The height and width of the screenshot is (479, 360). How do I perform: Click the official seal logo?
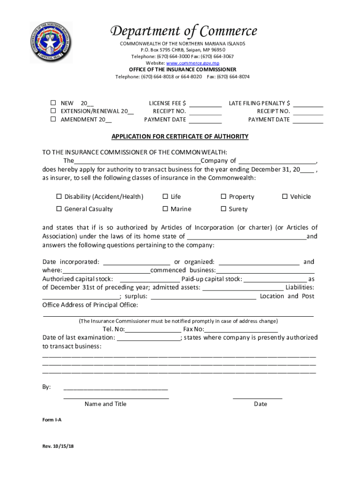(x=51, y=43)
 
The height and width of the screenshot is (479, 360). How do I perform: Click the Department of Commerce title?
(x=183, y=31)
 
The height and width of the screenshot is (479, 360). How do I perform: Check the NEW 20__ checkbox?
(x=53, y=103)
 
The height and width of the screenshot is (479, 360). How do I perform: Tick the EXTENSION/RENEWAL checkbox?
(x=53, y=111)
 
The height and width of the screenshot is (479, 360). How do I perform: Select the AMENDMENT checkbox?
(x=53, y=119)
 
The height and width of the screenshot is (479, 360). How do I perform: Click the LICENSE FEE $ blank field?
(x=205, y=104)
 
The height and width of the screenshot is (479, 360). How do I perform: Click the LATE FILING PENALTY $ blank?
(x=308, y=104)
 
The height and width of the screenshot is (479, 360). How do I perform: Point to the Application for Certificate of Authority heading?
(x=180, y=137)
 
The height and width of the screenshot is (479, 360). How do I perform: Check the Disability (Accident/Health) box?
(x=59, y=196)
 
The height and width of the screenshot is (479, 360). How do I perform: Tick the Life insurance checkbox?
(x=165, y=196)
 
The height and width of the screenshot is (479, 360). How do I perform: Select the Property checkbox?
(x=223, y=196)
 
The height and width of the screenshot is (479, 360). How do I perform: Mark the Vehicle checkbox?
(x=285, y=196)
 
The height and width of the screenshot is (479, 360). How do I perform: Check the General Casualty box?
(x=59, y=209)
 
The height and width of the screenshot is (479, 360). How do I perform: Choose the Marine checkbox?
(x=165, y=209)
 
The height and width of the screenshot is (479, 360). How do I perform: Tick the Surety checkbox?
(x=223, y=209)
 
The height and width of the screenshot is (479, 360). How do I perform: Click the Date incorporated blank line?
(x=136, y=262)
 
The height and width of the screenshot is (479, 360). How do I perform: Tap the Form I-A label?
(x=52, y=420)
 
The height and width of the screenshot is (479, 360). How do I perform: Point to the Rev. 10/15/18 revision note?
(x=58, y=446)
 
